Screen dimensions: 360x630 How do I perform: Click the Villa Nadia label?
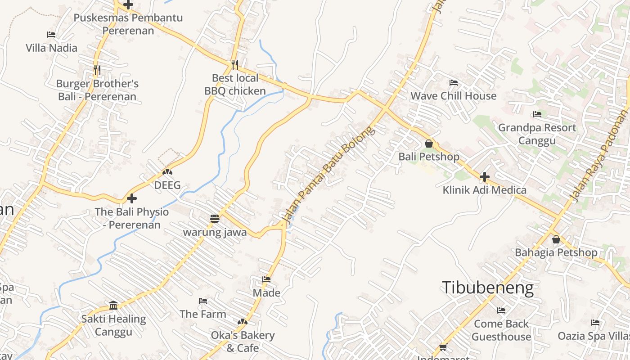click(x=51, y=48)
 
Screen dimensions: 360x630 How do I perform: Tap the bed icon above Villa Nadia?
click(x=51, y=35)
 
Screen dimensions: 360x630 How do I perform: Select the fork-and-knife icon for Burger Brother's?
click(x=97, y=70)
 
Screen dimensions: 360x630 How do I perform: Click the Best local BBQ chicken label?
click(x=235, y=85)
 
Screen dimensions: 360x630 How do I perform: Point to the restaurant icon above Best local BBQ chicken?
click(x=234, y=64)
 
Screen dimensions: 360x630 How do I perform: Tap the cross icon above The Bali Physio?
click(x=131, y=198)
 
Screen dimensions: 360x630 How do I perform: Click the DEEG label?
click(x=167, y=185)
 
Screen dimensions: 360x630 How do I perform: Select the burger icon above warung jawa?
click(x=214, y=219)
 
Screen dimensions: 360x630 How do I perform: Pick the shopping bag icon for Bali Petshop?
click(x=429, y=144)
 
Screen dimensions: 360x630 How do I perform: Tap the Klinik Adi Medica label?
click(x=484, y=190)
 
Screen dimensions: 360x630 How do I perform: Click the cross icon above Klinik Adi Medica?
click(x=484, y=177)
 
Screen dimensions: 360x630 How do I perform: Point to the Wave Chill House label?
click(x=453, y=96)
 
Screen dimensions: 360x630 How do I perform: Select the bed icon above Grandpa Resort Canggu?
click(x=537, y=114)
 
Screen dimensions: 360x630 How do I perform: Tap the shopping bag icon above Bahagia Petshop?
click(x=556, y=239)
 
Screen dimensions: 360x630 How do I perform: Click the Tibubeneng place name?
click(x=487, y=288)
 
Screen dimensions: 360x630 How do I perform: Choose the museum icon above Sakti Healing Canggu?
click(x=113, y=306)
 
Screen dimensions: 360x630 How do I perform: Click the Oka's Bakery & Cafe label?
click(x=243, y=342)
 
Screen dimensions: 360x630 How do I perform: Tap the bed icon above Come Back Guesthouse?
click(x=501, y=310)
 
